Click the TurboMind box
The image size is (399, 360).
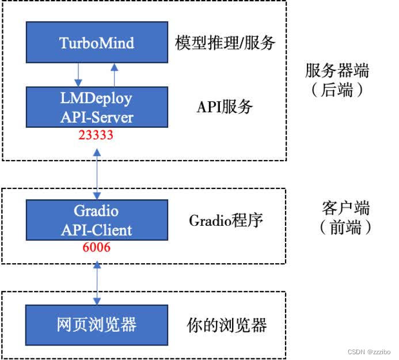point(97,43)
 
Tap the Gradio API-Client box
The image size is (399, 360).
point(97,219)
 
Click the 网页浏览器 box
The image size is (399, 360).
point(97,324)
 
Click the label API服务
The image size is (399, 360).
point(225,107)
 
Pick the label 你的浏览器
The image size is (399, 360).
point(227,325)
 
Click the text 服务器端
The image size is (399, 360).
point(337,71)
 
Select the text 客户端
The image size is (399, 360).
point(345,208)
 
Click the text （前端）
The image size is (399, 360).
point(345,228)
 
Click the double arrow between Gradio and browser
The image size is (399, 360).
point(97,282)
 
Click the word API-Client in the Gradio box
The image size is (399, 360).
point(97,230)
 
